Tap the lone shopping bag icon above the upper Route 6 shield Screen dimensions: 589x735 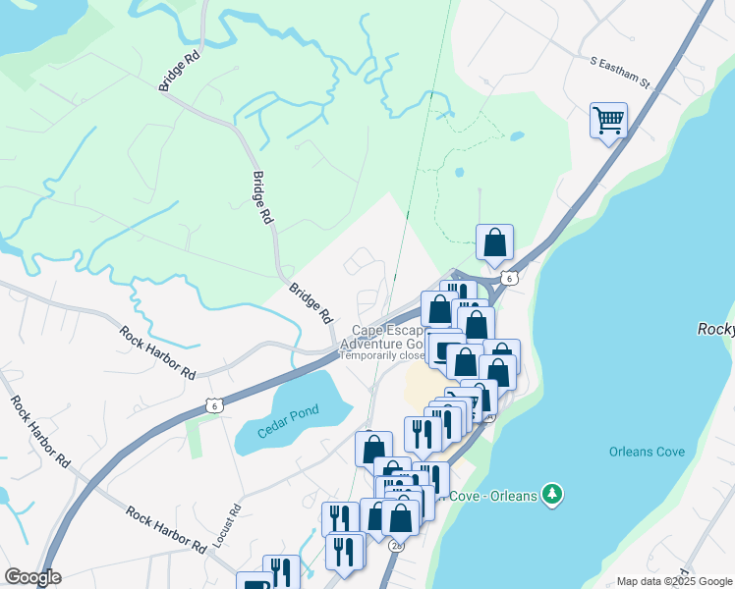495,241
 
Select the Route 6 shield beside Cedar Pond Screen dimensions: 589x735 213,404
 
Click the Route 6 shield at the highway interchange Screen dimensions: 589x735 507,278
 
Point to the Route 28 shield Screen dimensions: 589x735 396,545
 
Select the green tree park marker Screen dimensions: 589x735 553,494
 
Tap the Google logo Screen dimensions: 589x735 32,577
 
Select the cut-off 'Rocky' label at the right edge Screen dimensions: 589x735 715,331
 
